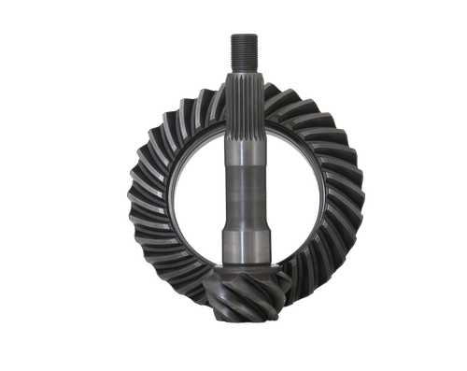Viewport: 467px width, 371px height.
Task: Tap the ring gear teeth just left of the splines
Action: tap(207, 93)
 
